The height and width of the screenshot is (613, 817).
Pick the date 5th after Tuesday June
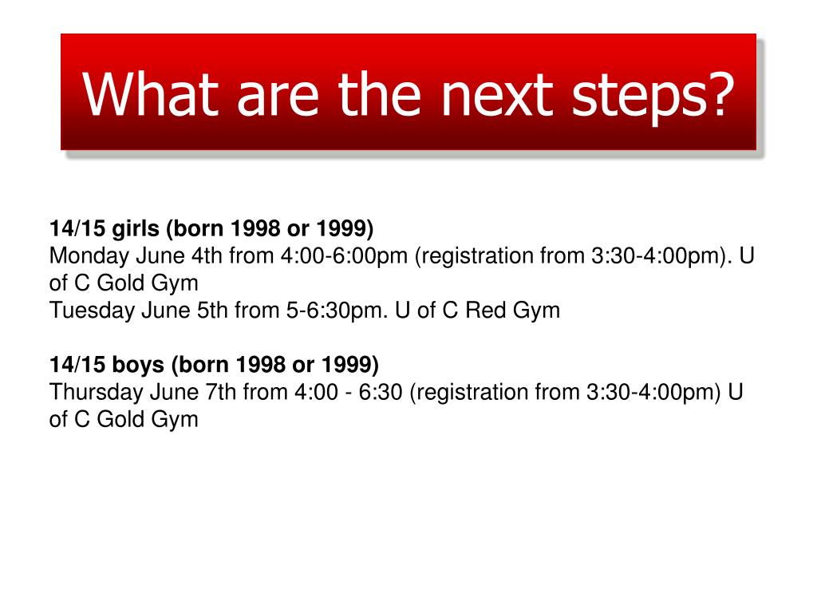[212, 310]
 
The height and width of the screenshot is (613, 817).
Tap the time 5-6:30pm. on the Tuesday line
[336, 310]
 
